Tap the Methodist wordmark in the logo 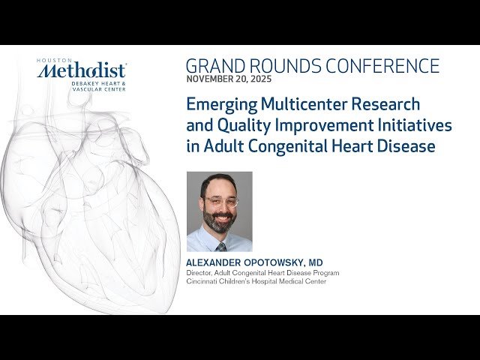[82, 71]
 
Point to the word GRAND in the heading [214, 66]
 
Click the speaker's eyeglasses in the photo [219, 202]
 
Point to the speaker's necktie [220, 245]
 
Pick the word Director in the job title [199, 273]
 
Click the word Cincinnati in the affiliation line [203, 282]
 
